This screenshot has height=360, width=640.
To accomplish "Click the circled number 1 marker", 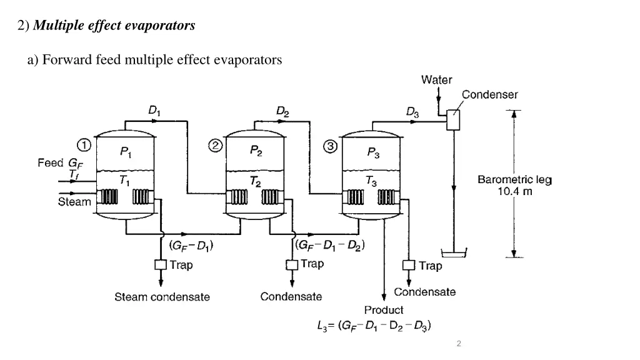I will point(84,145).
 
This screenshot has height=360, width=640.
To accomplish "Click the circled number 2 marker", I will point(214,146).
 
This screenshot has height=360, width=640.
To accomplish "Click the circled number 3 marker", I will point(330,146).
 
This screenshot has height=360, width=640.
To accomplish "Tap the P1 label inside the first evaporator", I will point(125,152).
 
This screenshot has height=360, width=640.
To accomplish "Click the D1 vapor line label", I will point(154,111).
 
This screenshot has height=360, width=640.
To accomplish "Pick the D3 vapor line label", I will point(412,112).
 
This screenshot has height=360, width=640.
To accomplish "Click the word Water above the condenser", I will point(437,79).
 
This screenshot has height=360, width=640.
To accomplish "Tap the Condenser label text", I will point(489,94).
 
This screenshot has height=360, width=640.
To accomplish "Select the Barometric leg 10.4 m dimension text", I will point(514,186).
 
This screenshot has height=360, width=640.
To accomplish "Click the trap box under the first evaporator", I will point(160,265).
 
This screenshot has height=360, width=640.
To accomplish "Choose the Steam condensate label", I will point(162,297).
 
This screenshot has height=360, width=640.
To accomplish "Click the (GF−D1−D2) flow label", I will point(329,244).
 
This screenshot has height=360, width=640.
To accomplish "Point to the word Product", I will point(384,310).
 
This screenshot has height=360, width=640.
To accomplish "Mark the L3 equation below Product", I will point(374,325).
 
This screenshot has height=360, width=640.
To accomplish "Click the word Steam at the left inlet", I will point(74,202).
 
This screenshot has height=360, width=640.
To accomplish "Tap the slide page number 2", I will point(459,344).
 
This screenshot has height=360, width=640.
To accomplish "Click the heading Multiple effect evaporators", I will point(114,26).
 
